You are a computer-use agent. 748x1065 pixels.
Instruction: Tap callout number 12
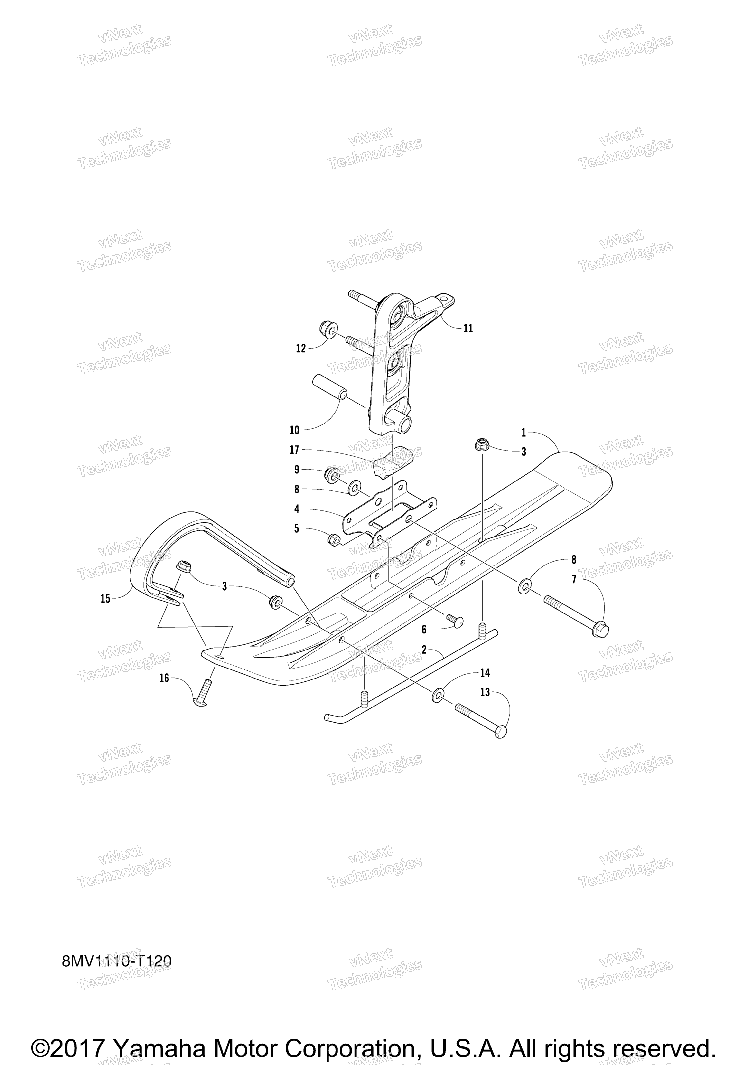click(301, 348)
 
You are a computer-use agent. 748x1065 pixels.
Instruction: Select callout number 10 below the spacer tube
click(294, 430)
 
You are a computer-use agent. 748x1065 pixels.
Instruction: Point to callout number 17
click(294, 450)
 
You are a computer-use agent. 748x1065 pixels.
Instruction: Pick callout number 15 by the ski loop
click(105, 599)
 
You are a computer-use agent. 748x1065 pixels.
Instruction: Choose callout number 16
click(164, 678)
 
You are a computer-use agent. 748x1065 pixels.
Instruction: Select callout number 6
click(424, 630)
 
